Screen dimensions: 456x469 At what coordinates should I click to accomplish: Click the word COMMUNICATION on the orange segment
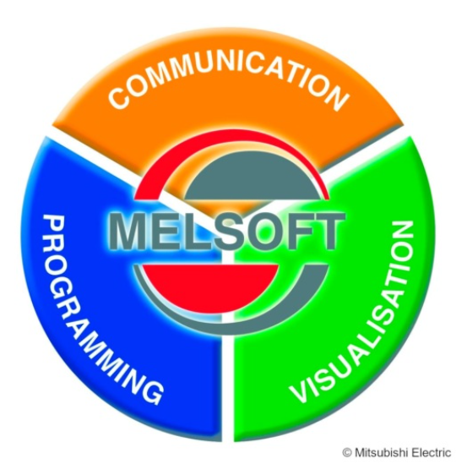tap(228, 78)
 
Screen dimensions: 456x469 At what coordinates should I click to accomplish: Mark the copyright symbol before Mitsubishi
tap(346, 453)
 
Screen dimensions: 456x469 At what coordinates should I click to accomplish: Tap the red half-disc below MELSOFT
tap(209, 284)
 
